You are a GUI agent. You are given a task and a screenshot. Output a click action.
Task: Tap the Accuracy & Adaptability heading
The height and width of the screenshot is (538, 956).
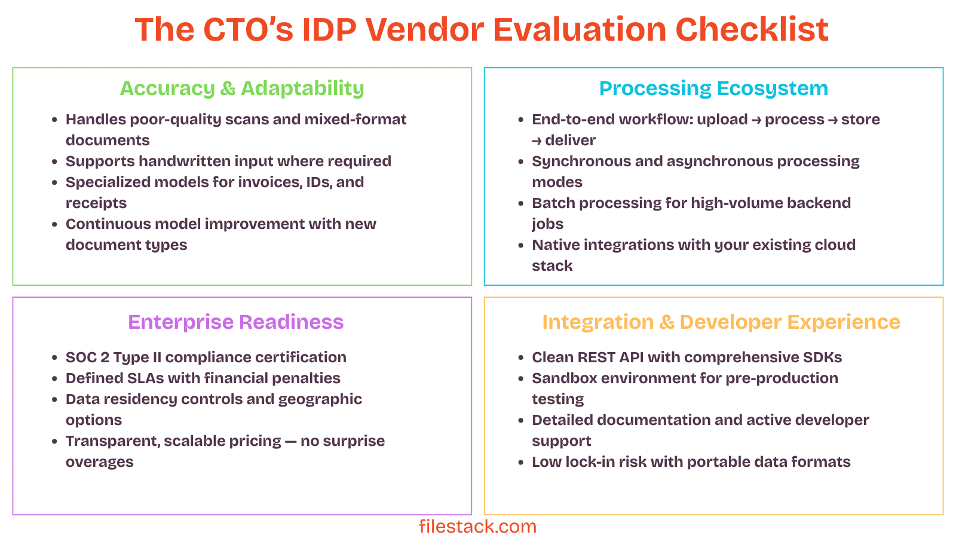[242, 88]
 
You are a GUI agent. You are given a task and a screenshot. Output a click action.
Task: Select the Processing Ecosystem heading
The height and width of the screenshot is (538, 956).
[713, 88]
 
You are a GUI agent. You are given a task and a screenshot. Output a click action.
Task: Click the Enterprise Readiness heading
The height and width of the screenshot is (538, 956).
[235, 322]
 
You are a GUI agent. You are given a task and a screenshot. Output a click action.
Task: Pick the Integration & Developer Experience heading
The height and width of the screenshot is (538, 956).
[721, 322]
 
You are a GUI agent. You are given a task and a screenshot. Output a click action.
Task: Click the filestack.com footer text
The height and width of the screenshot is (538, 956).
[477, 527]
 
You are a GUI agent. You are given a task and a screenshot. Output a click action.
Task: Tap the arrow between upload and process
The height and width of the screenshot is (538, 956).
[756, 120]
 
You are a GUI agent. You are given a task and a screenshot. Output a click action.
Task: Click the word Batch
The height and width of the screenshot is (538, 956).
[553, 203]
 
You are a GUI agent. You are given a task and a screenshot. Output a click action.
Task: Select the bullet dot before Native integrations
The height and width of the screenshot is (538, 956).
[521, 246]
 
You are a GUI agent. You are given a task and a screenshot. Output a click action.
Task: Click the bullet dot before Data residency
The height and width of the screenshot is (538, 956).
[55, 400]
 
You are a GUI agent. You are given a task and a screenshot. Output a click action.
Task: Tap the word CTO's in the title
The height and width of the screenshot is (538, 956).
[248, 29]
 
